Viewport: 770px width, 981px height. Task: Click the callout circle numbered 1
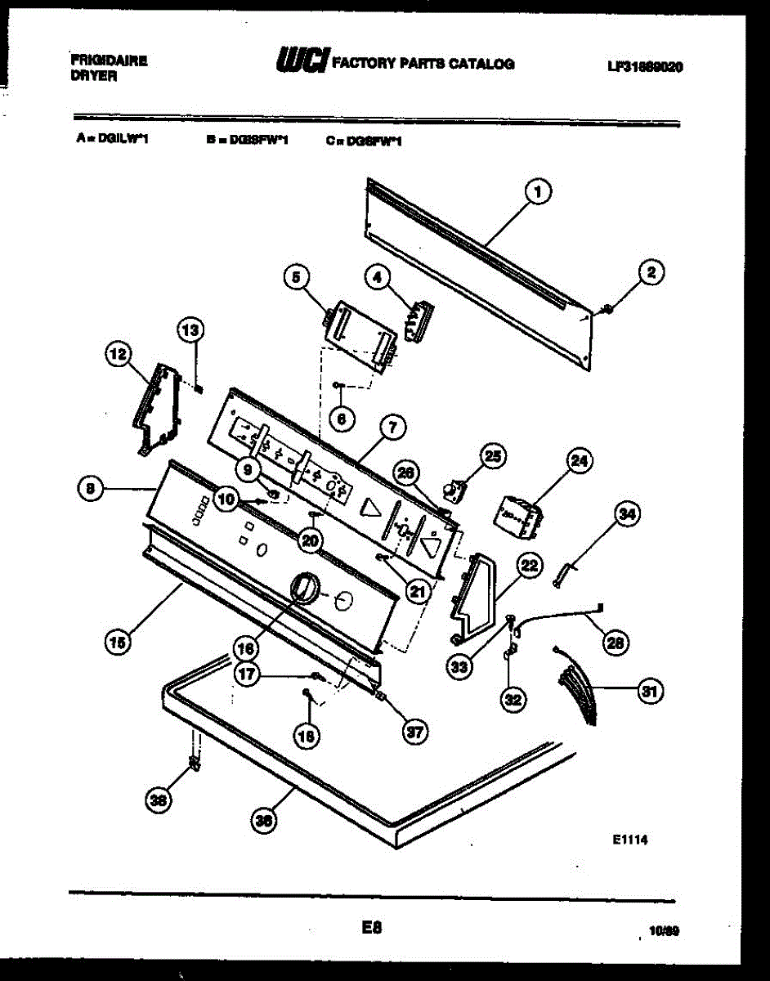point(537,193)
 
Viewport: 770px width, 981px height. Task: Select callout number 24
point(578,462)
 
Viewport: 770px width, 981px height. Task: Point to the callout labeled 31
point(650,692)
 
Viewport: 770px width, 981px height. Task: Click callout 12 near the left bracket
point(118,355)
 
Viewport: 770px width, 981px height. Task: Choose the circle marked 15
point(119,642)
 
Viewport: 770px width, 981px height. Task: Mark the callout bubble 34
point(628,514)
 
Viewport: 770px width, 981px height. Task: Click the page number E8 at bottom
point(371,928)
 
